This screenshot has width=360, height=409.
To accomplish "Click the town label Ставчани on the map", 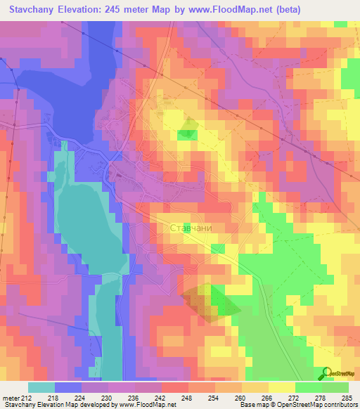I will click(191, 228).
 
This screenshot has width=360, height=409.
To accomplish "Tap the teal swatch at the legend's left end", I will click(41, 387).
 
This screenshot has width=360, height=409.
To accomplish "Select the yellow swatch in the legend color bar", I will click(281, 387).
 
